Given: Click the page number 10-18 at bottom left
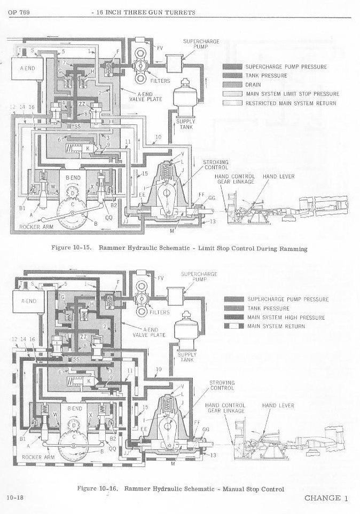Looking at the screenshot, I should (14, 498).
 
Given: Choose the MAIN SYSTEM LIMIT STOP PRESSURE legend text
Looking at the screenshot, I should (292, 94).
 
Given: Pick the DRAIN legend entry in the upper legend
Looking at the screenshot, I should (253, 85).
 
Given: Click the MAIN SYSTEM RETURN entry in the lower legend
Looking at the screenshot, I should (276, 326).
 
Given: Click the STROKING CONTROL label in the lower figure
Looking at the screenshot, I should (222, 385).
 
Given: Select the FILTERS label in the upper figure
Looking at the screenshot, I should (160, 81).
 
